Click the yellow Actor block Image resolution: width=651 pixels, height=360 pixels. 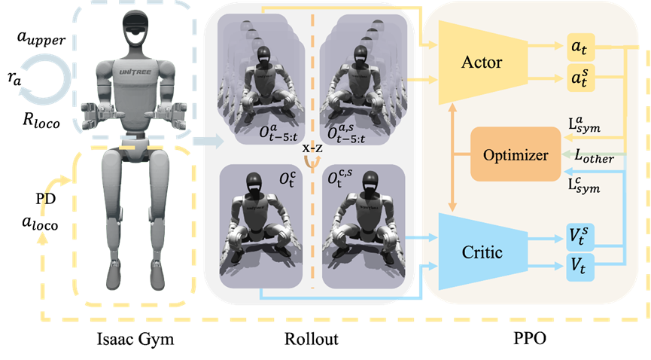482,63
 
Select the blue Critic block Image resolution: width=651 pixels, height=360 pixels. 482,252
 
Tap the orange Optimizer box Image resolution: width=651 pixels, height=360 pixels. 516,154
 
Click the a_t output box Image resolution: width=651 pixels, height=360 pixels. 580,47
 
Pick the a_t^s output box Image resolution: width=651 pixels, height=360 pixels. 580,78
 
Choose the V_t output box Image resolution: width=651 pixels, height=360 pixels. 580,267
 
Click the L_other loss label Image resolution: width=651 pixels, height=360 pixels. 594,157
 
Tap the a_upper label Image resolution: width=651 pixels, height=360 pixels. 41,38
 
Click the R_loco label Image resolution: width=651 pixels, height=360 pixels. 41,121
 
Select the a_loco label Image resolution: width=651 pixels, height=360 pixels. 40,224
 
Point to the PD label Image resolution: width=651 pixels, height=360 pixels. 45,199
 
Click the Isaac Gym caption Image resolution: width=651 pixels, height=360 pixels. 135,339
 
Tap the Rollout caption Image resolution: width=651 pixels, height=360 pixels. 312,339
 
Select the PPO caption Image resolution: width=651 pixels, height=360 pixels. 530,339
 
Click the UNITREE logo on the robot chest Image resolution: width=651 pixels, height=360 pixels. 135,72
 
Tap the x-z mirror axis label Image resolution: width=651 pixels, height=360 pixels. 312,148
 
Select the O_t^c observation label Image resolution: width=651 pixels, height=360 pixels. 287,178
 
